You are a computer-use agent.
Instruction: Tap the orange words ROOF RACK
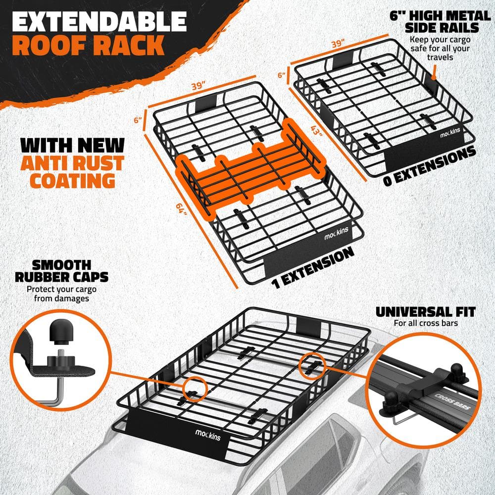pos(89,45)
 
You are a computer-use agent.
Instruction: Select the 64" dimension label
pos(182,208)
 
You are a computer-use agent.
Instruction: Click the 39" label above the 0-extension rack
pos(338,43)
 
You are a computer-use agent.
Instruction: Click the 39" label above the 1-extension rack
pos(199,85)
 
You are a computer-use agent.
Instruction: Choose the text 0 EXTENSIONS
pos(430,166)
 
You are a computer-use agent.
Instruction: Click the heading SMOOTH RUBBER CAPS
pos(61,271)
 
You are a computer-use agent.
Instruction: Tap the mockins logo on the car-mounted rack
pos(208,435)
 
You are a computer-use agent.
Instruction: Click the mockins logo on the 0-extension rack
pos(450,133)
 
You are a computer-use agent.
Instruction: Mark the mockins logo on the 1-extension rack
pos(336,234)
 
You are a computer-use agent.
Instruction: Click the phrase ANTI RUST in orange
pos(72,163)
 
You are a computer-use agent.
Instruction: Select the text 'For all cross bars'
pos(426,323)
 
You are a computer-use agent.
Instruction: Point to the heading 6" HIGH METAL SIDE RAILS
pos(440,21)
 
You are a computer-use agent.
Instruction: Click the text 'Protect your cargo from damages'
pos(61,294)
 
